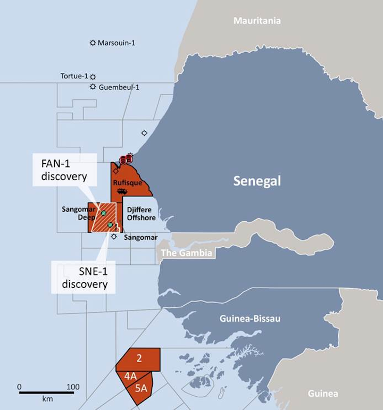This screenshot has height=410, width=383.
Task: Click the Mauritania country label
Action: point(257,21)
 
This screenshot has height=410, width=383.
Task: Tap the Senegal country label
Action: point(257,181)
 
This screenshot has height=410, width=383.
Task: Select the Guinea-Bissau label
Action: point(250,319)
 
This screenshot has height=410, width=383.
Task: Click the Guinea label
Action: point(322,394)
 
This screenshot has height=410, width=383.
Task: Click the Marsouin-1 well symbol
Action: point(93,43)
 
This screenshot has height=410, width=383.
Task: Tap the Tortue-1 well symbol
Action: point(93,77)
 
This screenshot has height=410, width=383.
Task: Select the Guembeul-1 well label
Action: point(119,87)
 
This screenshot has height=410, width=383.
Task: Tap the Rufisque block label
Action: point(128,183)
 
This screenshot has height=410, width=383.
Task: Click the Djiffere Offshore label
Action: point(141,214)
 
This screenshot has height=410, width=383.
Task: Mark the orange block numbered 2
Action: point(139,358)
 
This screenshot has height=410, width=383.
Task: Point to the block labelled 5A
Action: point(140,388)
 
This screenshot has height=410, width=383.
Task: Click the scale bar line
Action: point(46,393)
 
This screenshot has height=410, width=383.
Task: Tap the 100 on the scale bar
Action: point(73,387)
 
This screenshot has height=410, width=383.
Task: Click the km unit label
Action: point(46,399)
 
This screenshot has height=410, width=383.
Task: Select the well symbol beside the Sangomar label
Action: point(114,237)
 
